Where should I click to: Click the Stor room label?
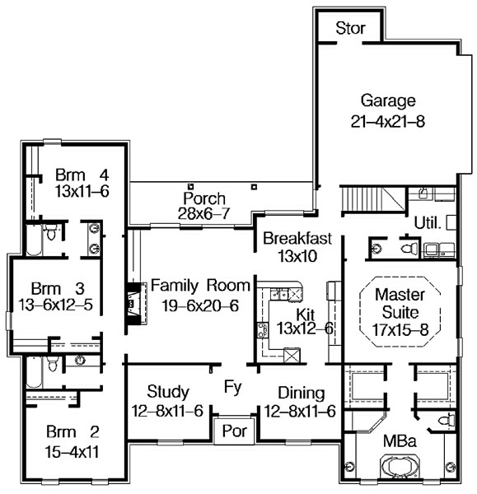tap(350, 28)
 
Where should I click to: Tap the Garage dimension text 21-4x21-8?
tap(388, 121)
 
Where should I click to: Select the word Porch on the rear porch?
tap(204, 198)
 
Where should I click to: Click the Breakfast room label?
tap(297, 238)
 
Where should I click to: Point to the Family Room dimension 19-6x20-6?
tap(200, 305)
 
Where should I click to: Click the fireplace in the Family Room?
tap(137, 303)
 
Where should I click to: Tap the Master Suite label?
tap(400, 303)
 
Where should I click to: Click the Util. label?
tap(428, 223)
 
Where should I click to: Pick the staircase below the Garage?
tap(373, 200)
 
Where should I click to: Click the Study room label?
tap(168, 392)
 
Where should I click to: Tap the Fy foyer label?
tap(233, 387)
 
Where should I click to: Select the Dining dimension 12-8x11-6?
tap(300, 411)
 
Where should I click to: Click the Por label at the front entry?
tap(234, 431)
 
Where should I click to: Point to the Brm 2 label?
tap(72, 432)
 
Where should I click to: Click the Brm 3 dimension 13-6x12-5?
tap(55, 305)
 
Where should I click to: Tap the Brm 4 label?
tap(82, 175)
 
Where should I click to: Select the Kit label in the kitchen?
tap(305, 315)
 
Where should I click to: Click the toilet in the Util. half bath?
tap(409, 249)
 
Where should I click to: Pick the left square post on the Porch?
tap(190, 187)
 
